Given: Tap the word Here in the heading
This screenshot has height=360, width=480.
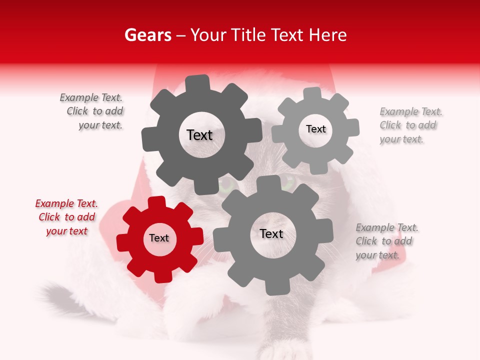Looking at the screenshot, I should (x=327, y=35).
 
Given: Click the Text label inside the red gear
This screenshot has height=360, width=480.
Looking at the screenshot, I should (x=159, y=238).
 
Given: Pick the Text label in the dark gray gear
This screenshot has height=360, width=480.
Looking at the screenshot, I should (x=199, y=135).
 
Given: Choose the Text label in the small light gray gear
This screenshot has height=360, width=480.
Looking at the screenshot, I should (x=315, y=129).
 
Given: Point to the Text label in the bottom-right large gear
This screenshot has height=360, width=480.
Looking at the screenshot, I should (x=271, y=233).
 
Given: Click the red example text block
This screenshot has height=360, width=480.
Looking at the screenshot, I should (x=66, y=217).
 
